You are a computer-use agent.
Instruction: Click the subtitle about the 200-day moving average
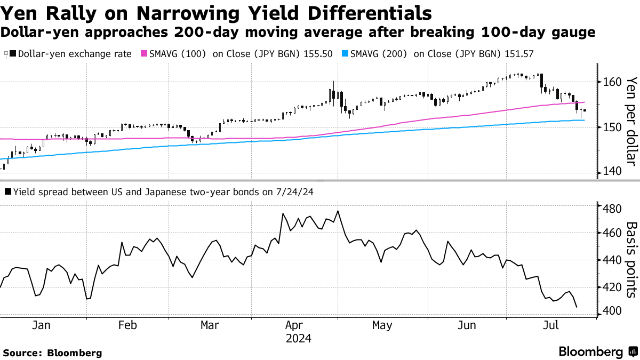tap(298, 33)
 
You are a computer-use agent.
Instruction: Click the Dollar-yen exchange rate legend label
tap(75, 54)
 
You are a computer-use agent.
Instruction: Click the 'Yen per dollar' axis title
tap(631, 122)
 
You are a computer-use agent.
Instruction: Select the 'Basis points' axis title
tap(631, 260)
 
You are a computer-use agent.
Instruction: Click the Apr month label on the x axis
tap(295, 325)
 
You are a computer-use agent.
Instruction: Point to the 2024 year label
tap(298, 339)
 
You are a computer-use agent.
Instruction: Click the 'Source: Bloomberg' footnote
tap(52, 353)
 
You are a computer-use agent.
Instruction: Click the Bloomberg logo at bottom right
tap(597, 352)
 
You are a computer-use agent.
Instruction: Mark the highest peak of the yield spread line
tap(338, 211)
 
